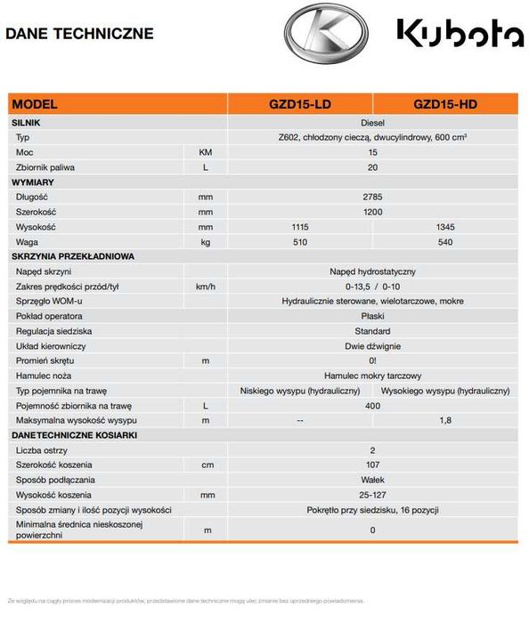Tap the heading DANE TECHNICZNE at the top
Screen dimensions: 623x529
click(79, 34)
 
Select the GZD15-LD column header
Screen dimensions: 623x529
click(300, 104)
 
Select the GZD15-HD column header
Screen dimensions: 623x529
click(445, 104)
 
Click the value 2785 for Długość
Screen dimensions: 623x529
click(372, 196)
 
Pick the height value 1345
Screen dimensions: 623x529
click(445, 226)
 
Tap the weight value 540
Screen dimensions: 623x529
click(445, 241)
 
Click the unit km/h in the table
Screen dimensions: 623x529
click(206, 286)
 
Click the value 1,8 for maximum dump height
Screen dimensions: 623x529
click(445, 420)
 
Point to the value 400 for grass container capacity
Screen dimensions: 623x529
click(372, 405)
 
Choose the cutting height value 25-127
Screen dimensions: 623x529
click(372, 495)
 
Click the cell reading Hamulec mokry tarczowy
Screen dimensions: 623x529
click(372, 376)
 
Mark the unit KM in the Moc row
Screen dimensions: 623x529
click(206, 152)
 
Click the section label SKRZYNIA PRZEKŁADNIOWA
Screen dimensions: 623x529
click(73, 256)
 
